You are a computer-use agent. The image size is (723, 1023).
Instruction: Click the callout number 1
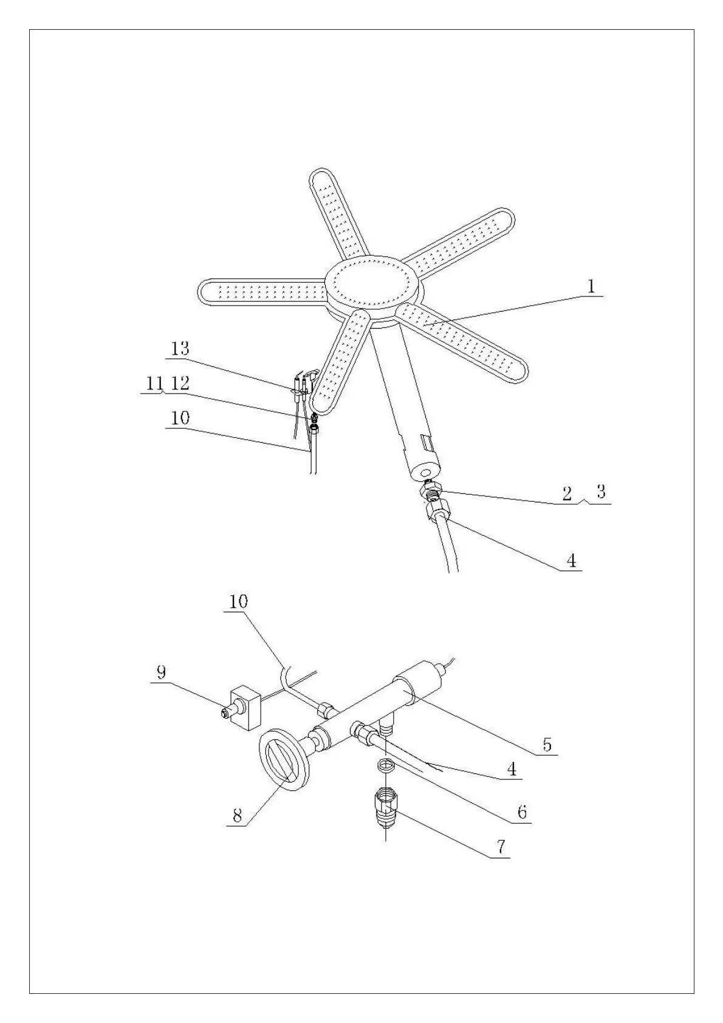pos(591,286)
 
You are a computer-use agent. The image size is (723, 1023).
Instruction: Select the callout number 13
pos(180,349)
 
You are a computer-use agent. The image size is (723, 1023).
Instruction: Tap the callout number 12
pos(180,383)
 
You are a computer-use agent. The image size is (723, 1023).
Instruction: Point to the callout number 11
pos(154,383)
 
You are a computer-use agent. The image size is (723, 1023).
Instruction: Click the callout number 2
pos(566,493)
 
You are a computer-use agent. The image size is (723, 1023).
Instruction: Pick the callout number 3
pos(601,491)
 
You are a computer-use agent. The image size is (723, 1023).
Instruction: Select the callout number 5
pos(547,745)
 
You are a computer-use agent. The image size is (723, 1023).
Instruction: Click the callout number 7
pos(501,847)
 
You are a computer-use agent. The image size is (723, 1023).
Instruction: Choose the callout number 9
pos(161,672)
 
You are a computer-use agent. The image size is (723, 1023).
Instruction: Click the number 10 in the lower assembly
pos(239,601)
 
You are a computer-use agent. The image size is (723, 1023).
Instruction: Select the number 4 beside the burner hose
pos(571,560)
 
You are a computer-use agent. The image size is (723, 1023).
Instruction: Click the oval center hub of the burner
pos(372,285)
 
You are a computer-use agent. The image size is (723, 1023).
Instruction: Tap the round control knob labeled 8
pos(286,760)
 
